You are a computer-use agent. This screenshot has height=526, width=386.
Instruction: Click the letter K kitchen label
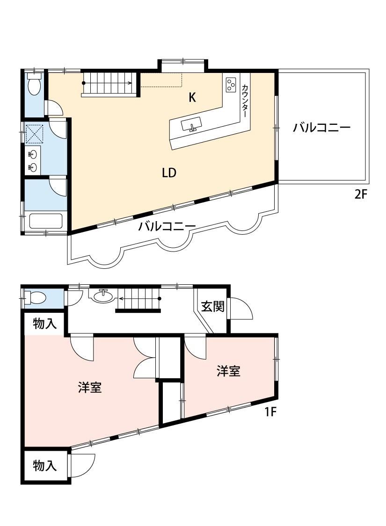click(192, 97)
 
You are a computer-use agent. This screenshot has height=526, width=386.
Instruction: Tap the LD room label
click(169, 173)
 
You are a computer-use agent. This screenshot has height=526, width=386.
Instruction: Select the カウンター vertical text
click(245, 101)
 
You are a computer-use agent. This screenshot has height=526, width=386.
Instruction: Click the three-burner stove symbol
click(231, 84)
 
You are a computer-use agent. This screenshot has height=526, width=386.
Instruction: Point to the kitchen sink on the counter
click(191, 125)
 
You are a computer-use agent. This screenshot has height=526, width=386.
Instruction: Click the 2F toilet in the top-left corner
click(34, 84)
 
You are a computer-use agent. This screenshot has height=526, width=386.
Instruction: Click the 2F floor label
click(361, 195)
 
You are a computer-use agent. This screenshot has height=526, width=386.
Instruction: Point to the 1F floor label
click(270, 411)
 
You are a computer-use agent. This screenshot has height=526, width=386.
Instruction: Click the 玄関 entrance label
click(212, 306)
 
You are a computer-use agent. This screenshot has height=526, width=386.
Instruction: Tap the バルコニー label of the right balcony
click(321, 128)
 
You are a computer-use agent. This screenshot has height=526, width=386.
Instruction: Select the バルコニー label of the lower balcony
click(167, 227)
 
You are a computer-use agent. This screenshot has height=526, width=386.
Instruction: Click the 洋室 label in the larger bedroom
click(90, 388)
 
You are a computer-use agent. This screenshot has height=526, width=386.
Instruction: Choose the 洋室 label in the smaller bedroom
click(228, 371)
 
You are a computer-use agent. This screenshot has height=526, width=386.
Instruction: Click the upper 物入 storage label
click(44, 324)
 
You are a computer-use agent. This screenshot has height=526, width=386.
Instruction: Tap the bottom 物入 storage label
click(44, 466)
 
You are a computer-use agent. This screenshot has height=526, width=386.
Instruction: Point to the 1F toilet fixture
click(35, 297)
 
